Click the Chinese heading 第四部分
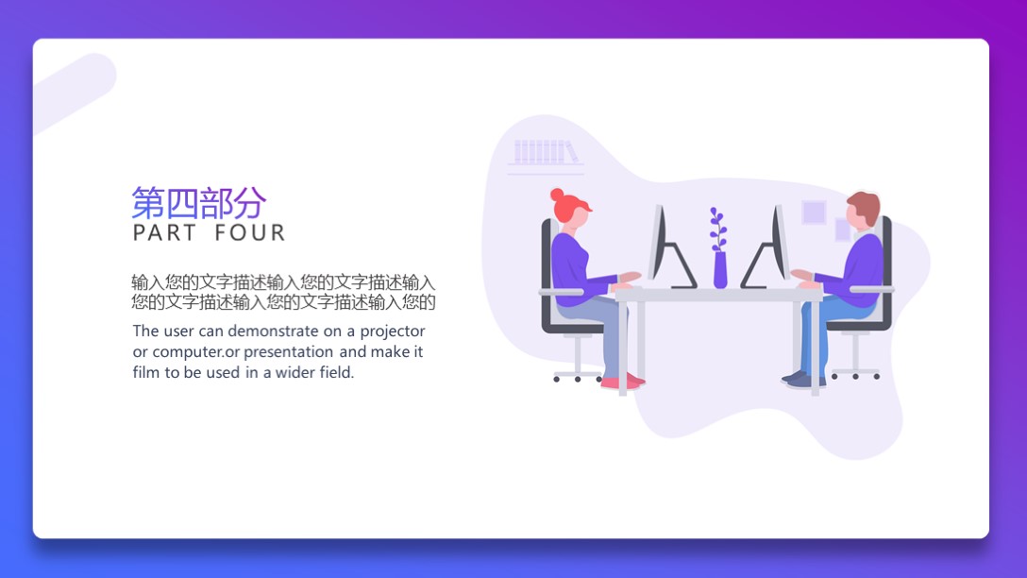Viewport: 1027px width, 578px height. click(x=198, y=202)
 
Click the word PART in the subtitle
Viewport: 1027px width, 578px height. click(x=165, y=232)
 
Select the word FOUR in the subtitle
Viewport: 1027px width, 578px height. click(x=250, y=232)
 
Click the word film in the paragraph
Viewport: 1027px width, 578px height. click(x=146, y=373)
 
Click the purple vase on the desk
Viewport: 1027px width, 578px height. click(x=720, y=270)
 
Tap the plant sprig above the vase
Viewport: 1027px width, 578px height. click(x=717, y=229)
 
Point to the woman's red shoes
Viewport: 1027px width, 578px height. click(x=622, y=382)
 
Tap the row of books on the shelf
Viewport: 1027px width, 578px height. click(x=545, y=151)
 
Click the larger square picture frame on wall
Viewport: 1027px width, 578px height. click(x=814, y=212)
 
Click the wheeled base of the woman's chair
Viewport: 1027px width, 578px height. click(x=577, y=375)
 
